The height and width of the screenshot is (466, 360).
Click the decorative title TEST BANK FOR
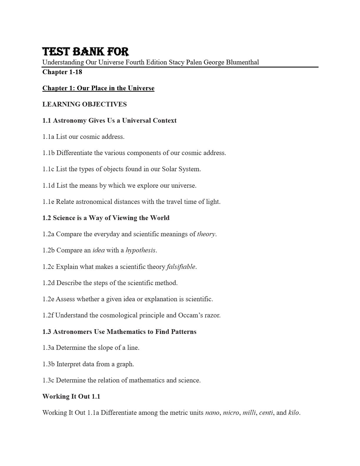pyautogui.click(x=86, y=52)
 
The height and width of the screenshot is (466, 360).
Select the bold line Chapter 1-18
pyautogui.click(x=62, y=72)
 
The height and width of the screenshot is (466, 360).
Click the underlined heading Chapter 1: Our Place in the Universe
pyautogui.click(x=98, y=88)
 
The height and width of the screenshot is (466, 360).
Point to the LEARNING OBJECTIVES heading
pyautogui.click(x=84, y=104)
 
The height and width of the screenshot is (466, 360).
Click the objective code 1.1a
pyautogui.click(x=48, y=137)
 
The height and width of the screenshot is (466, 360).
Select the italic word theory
pyautogui.click(x=206, y=234)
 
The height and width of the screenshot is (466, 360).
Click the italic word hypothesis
pyautogui.click(x=140, y=250)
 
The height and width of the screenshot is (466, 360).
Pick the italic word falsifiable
pyautogui.click(x=181, y=267)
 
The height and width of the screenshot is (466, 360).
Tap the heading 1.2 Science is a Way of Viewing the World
pyautogui.click(x=106, y=218)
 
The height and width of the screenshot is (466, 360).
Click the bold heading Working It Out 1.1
pyautogui.click(x=71, y=397)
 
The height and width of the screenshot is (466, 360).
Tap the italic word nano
pyautogui.click(x=212, y=413)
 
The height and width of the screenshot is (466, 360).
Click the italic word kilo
pyautogui.click(x=293, y=413)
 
